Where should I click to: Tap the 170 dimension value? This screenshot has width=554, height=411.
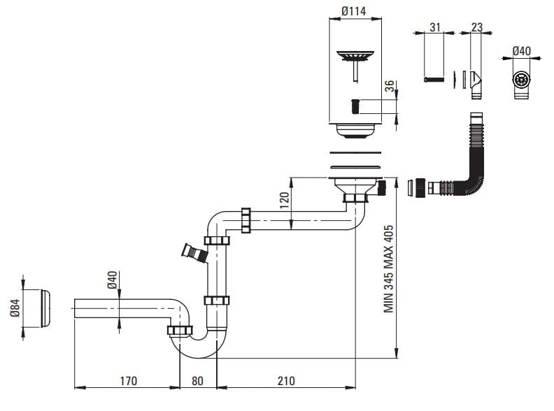point(129,381)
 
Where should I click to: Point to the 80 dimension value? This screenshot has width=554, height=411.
point(197,381)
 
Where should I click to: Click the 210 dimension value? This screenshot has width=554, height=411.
point(285,381)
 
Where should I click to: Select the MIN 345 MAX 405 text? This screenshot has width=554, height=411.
point(389,268)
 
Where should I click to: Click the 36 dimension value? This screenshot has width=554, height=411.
point(390,89)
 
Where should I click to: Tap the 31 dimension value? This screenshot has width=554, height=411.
point(434,27)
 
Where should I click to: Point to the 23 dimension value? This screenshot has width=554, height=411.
point(477,27)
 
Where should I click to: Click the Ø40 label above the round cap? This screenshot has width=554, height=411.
point(520,51)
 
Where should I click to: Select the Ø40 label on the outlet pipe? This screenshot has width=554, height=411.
point(112,282)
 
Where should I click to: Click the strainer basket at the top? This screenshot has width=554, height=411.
point(357,55)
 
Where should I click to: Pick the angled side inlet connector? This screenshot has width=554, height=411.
point(192,252)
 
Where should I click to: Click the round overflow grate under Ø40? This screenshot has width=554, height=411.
point(520,80)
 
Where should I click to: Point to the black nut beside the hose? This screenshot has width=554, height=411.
point(421,187)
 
